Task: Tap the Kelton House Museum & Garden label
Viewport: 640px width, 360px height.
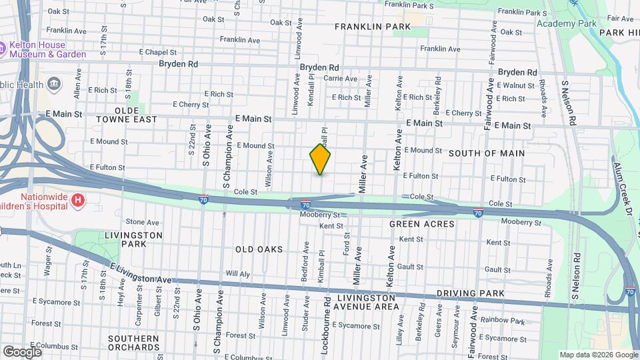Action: (x=47, y=50)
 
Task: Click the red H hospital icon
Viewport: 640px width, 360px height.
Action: (x=78, y=199)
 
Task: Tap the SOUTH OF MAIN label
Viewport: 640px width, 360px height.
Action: (x=487, y=153)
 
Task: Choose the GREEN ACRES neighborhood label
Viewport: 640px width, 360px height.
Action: (x=422, y=224)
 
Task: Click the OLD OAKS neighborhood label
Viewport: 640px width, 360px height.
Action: (x=259, y=249)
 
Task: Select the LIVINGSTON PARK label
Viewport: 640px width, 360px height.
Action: (x=133, y=239)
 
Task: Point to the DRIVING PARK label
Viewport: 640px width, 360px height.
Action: (x=467, y=293)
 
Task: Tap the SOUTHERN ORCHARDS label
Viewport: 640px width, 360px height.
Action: (x=133, y=343)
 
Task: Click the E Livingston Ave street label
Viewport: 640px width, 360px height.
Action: (x=141, y=275)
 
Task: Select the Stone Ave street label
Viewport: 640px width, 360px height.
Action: (x=143, y=222)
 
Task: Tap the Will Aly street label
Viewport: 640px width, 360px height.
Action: (x=237, y=273)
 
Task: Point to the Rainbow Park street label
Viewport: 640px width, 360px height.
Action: (x=504, y=321)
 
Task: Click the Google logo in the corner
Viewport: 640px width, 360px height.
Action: (x=22, y=351)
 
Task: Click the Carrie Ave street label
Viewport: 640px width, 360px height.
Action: (x=341, y=79)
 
